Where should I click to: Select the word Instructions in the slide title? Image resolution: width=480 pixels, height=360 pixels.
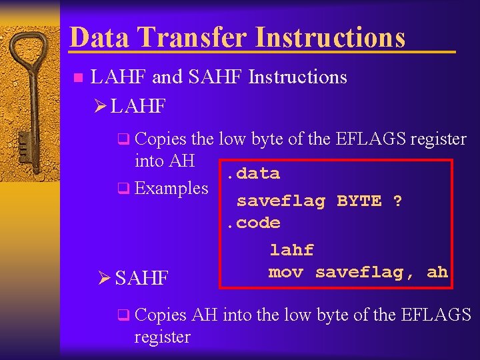point(331,37)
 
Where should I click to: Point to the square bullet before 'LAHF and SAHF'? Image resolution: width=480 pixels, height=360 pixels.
point(77,78)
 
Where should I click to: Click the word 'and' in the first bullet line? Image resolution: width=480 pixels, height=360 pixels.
point(167,77)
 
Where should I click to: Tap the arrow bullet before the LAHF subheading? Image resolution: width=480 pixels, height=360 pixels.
point(101,106)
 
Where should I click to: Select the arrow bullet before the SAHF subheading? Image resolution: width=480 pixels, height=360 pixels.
point(105,277)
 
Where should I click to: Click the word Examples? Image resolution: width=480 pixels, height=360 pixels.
point(171,188)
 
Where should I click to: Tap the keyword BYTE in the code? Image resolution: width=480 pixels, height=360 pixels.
point(359,201)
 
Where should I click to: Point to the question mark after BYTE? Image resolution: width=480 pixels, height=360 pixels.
point(397,201)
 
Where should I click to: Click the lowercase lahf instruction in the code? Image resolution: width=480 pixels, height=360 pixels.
point(291,250)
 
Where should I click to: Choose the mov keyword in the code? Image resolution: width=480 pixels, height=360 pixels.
point(286,272)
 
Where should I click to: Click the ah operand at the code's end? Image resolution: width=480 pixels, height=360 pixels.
point(437,272)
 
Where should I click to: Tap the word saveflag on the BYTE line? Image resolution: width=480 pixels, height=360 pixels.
point(281,201)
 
